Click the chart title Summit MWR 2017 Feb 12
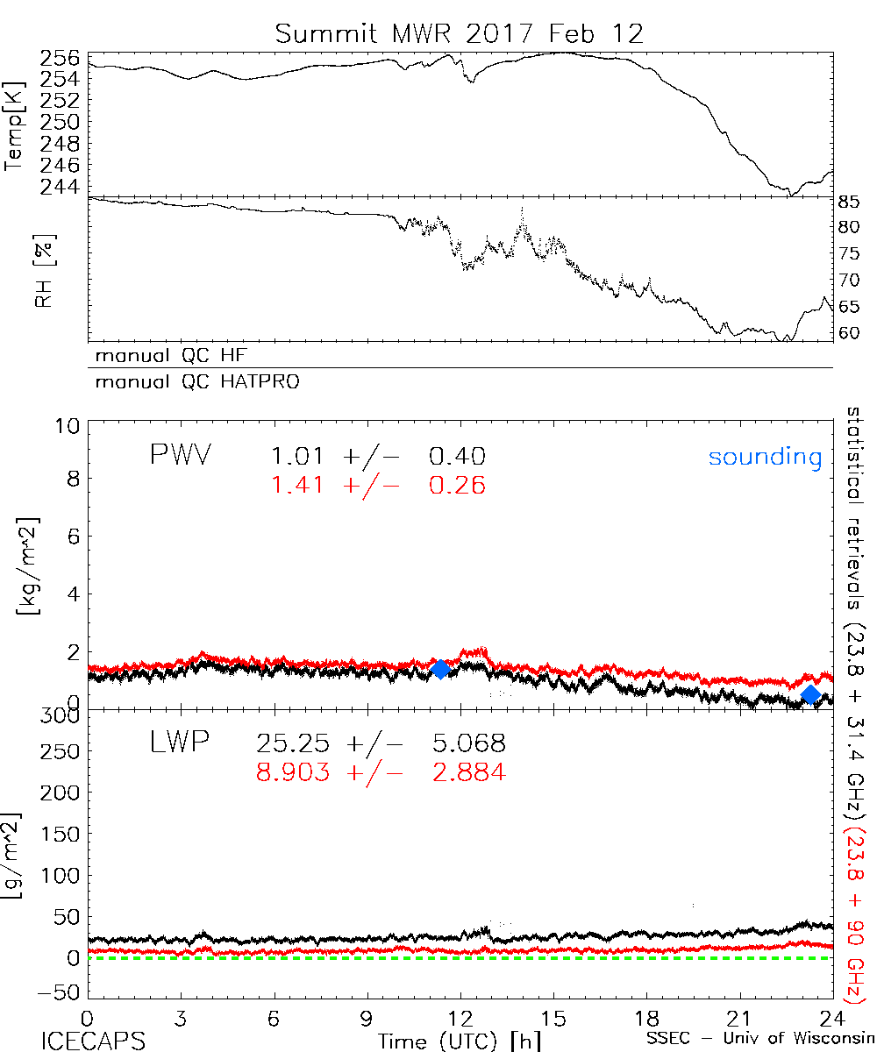point(460,33)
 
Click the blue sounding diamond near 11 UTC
point(440,669)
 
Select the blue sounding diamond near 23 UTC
point(811,694)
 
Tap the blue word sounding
point(765,457)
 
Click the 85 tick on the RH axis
point(850,202)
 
